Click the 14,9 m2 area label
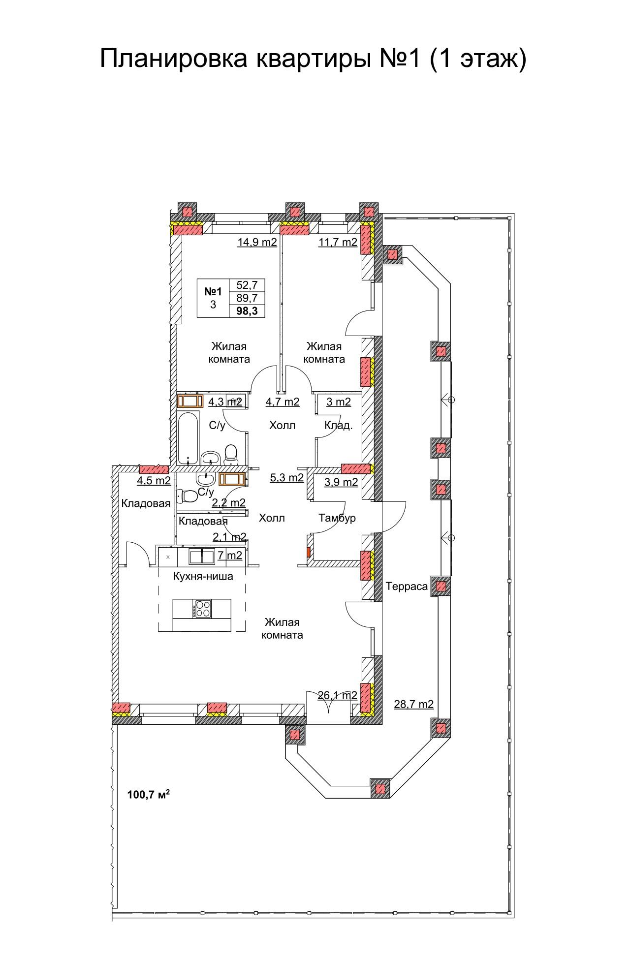(x=257, y=242)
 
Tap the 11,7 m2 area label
(x=338, y=242)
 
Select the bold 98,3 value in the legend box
(x=247, y=310)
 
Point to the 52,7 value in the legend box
(x=247, y=285)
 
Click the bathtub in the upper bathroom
(x=188, y=439)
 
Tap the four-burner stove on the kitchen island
(x=202, y=609)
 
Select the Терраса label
(x=407, y=587)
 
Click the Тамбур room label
(x=337, y=518)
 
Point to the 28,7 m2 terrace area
(x=414, y=704)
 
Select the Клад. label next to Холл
(x=338, y=426)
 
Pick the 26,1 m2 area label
(x=337, y=695)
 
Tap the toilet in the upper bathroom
(x=230, y=455)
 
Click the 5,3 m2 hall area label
(x=287, y=477)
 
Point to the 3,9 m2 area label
(x=341, y=482)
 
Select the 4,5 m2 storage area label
(x=154, y=481)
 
